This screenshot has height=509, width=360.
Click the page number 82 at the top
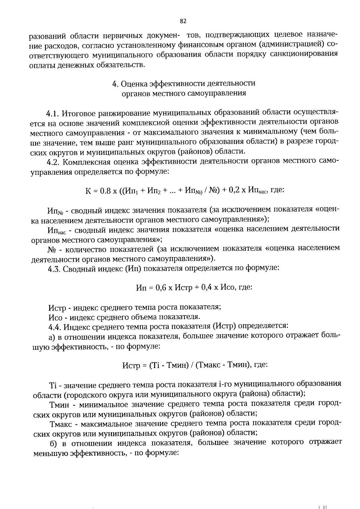(x=183, y=21)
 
